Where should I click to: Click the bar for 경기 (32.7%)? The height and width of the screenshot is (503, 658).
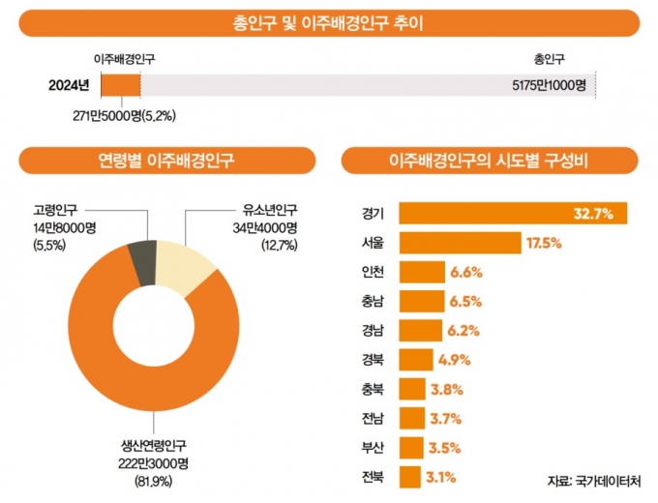[484, 213]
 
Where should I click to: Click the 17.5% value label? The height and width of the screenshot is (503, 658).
[545, 242]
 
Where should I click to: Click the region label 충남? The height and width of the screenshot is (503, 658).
[372, 302]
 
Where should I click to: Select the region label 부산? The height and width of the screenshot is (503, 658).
[372, 448]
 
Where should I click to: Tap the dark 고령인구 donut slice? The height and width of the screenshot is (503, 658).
[142, 263]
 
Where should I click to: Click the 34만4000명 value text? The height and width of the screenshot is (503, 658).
[264, 227]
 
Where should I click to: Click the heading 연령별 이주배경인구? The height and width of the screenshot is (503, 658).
[166, 159]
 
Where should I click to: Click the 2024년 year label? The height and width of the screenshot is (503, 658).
[69, 85]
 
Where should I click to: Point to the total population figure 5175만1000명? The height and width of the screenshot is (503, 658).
[550, 85]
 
